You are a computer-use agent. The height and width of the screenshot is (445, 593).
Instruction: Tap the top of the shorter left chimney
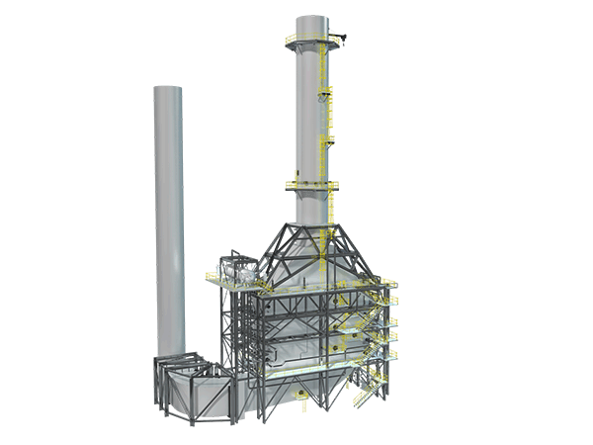[169, 89]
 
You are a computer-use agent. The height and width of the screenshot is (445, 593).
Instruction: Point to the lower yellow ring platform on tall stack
[311, 184]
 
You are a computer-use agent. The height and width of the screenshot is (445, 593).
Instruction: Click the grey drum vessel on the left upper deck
[238, 269]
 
